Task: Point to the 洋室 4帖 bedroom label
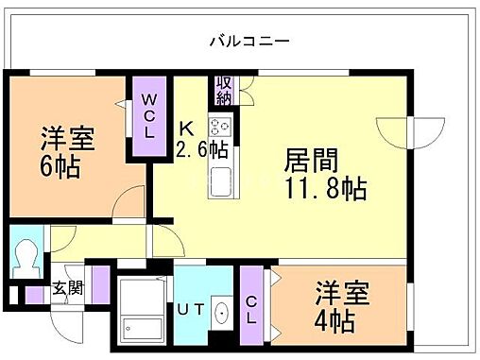[x=336, y=306]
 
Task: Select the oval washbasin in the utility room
[x=221, y=313]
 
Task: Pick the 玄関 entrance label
[x=67, y=287]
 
